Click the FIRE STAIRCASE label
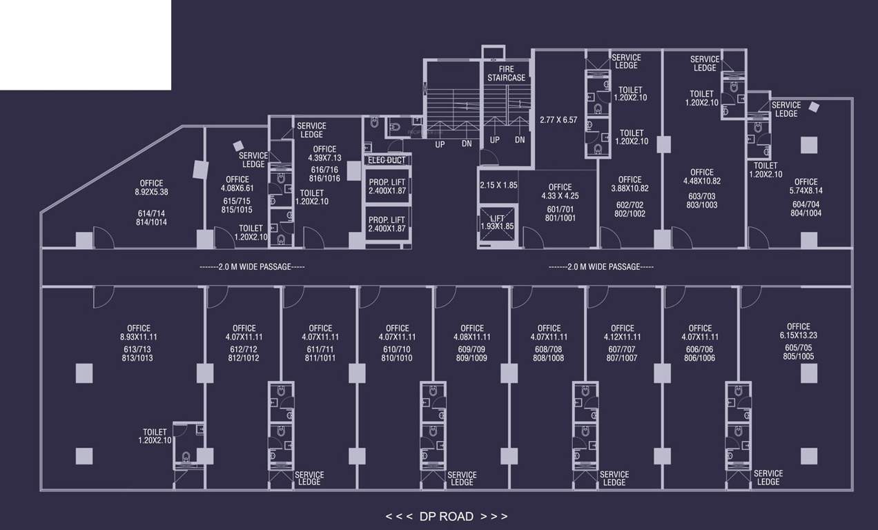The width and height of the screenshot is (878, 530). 506,73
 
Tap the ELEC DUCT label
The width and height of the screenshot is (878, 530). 387,160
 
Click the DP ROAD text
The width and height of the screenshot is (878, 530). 447,516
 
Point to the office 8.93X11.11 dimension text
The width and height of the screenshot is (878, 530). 138,337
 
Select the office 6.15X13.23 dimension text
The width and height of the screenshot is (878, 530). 798,336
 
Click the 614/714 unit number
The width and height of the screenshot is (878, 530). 151,213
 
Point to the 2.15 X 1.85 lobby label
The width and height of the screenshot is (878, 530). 498,185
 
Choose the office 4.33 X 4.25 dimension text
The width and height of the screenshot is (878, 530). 560,196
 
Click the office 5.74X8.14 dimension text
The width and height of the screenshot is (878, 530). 806,191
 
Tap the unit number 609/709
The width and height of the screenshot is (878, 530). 471,349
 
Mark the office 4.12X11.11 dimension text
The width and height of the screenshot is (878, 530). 622,337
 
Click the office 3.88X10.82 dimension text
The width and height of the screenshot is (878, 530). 630,188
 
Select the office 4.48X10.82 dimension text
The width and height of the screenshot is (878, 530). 701,181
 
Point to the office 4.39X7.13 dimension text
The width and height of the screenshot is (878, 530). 324,158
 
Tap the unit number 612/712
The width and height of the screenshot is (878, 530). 244,349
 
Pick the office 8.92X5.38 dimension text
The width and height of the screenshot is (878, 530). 151,193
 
